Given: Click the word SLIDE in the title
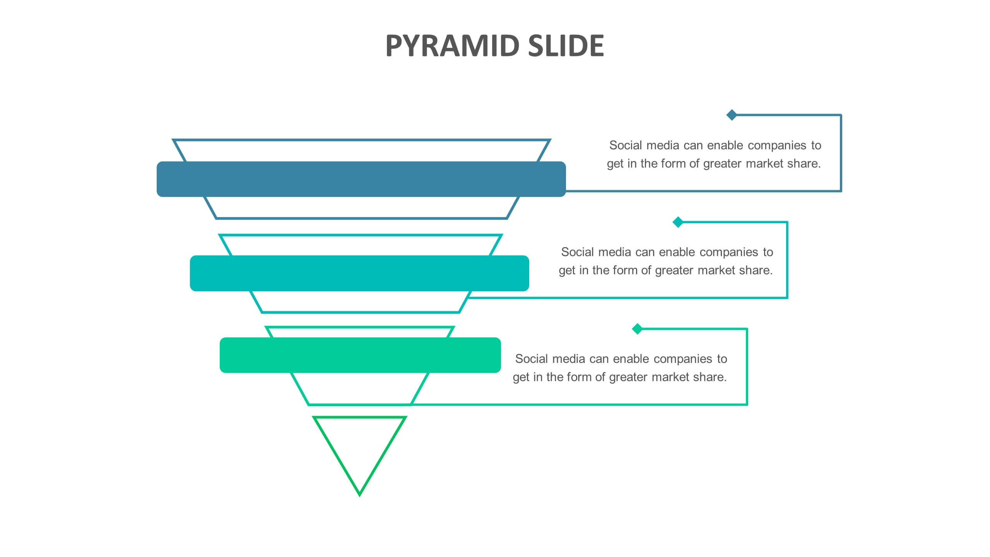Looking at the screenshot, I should pos(566,46).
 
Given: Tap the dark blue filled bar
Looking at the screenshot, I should pos(361,179).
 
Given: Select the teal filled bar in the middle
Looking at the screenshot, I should pos(359,273).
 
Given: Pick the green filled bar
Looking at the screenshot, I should pos(360,355).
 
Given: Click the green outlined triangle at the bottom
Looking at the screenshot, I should pos(359,449).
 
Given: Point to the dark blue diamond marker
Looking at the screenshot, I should pos(732,115).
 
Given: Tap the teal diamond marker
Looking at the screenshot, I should pos(678,222).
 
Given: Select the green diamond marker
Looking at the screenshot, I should pos(637,329).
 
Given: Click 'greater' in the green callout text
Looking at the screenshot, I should pos(629,377).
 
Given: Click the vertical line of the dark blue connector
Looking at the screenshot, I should pos(841,153).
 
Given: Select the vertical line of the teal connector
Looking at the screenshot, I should pos(787,260).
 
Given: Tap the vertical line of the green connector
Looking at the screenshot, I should pos(747,367).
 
